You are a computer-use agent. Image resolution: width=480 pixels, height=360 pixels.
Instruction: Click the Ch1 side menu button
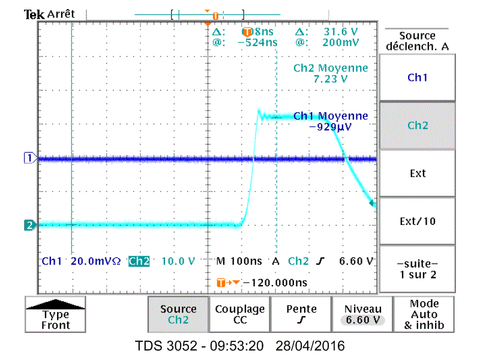pyautogui.click(x=418, y=77)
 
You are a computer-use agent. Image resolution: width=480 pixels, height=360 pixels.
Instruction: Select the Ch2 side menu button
pyautogui.click(x=418, y=125)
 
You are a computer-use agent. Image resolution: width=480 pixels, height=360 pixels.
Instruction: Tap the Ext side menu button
pyautogui.click(x=418, y=173)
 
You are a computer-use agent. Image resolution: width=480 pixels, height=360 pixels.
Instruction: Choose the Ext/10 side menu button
pyautogui.click(x=418, y=221)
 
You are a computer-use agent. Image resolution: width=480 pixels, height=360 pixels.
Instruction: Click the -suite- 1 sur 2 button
pyautogui.click(x=418, y=269)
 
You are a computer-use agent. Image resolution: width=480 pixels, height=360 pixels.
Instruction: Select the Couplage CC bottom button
pyautogui.click(x=239, y=314)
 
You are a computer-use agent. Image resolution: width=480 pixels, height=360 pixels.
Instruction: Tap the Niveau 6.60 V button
pyautogui.click(x=362, y=314)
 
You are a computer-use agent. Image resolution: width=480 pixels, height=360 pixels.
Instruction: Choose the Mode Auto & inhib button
pyautogui.click(x=424, y=314)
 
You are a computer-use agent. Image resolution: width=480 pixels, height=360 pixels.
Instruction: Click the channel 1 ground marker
pyautogui.click(x=28, y=158)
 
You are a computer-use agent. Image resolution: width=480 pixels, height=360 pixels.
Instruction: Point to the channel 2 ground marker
pyautogui.click(x=28, y=226)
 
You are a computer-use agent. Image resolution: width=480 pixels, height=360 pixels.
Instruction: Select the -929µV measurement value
pyautogui.click(x=330, y=127)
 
